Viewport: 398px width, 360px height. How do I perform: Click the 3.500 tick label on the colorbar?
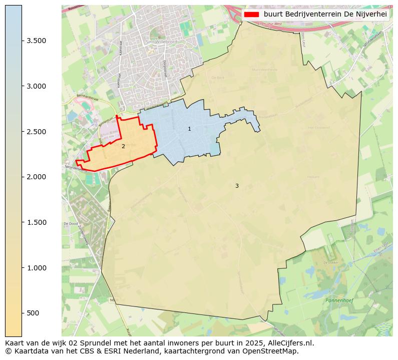(x=37, y=41)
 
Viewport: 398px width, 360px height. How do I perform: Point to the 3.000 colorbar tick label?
(x=37, y=86)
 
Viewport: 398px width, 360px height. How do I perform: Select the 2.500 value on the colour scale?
(x=37, y=132)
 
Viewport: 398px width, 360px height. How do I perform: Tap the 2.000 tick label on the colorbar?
(x=37, y=177)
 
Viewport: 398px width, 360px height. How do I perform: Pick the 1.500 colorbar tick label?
(x=37, y=222)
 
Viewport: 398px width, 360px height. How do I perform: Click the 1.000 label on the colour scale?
(x=37, y=268)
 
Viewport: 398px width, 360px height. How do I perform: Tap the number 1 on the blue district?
(x=189, y=129)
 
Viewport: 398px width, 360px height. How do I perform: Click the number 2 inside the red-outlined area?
(x=123, y=147)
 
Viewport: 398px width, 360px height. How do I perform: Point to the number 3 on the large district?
(x=237, y=186)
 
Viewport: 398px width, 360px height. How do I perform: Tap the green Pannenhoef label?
(x=339, y=300)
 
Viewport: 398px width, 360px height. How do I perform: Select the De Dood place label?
(x=70, y=224)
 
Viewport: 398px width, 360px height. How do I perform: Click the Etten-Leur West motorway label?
(x=269, y=24)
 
